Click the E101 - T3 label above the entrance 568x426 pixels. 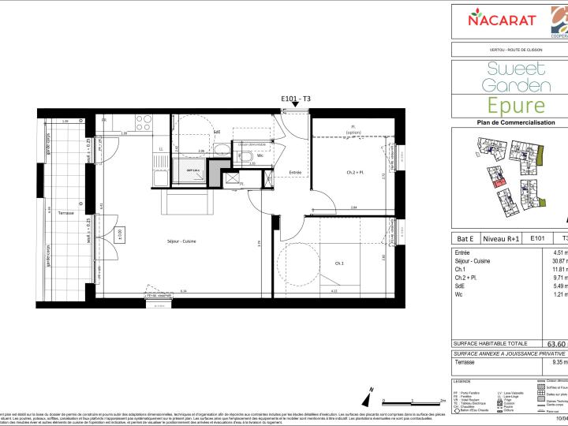click(296, 99)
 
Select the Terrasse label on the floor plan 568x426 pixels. click(65, 213)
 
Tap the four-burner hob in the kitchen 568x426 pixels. click(144, 122)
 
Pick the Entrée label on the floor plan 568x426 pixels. click(295, 172)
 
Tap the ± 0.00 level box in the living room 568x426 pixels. click(120, 234)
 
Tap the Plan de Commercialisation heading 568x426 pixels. click(509, 122)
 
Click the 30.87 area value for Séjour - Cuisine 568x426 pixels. click(559, 261)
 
